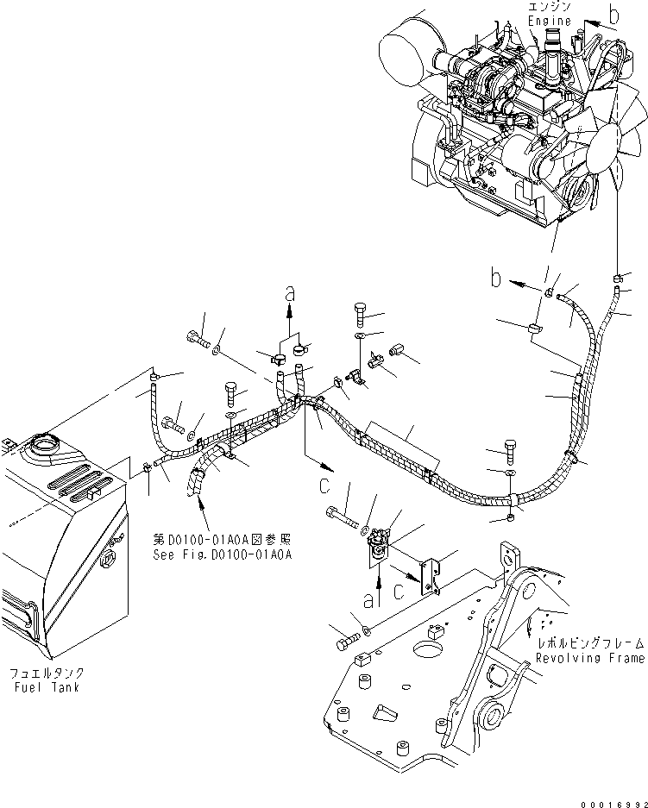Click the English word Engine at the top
pyautogui.click(x=549, y=21)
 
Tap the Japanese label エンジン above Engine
pyautogui.click(x=549, y=7)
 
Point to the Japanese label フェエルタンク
pyautogui.click(x=47, y=673)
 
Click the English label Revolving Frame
pyautogui.click(x=589, y=658)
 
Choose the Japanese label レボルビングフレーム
pyautogui.click(x=589, y=643)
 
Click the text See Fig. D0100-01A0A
pyautogui.click(x=223, y=554)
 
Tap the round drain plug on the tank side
pyautogui.click(x=108, y=562)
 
